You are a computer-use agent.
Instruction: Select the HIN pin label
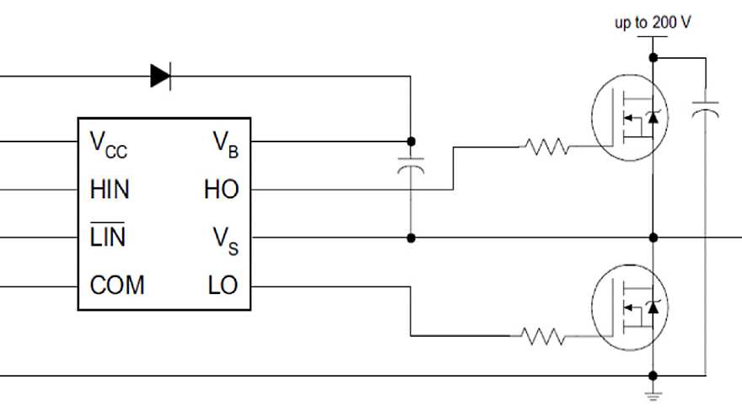click(x=110, y=190)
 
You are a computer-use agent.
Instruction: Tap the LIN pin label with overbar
click(x=108, y=238)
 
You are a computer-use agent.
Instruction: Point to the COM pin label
click(x=117, y=286)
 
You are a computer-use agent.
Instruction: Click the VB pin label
click(x=224, y=144)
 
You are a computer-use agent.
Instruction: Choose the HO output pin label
click(x=221, y=190)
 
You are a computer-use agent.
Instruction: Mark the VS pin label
click(x=224, y=240)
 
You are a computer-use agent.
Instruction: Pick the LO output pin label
click(x=223, y=286)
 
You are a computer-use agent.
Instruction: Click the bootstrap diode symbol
click(x=160, y=76)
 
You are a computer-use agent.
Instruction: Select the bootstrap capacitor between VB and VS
click(x=411, y=168)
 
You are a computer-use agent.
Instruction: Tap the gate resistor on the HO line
click(x=546, y=147)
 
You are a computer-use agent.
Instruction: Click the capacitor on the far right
click(x=705, y=110)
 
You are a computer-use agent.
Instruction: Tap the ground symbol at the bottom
click(x=653, y=393)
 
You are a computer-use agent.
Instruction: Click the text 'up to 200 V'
click(x=653, y=23)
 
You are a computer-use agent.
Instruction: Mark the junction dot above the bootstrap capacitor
click(x=411, y=141)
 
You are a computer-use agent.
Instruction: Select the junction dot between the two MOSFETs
click(x=653, y=238)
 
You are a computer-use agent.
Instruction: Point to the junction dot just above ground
click(x=653, y=375)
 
